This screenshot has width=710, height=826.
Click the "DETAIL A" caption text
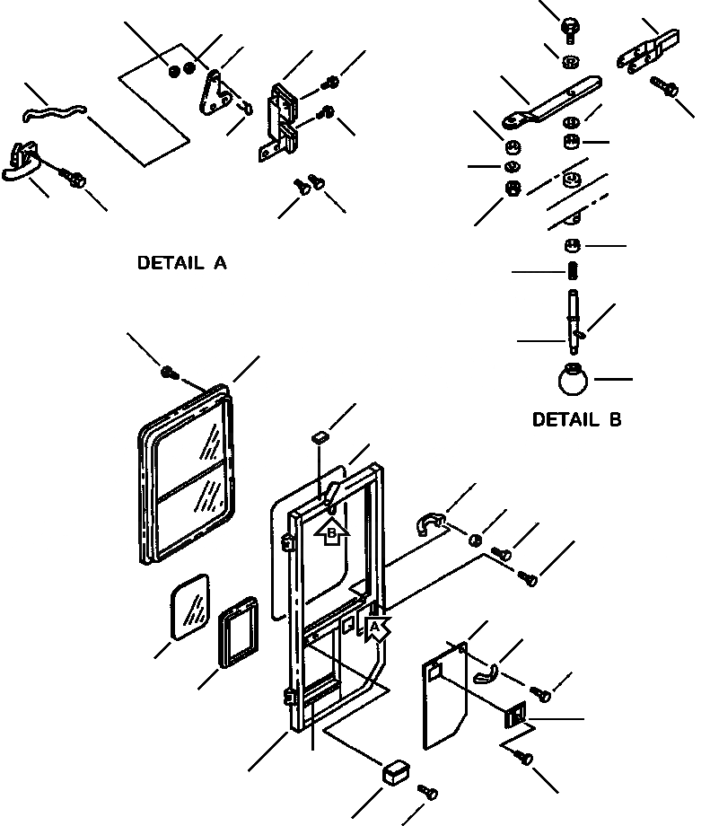[x=181, y=263]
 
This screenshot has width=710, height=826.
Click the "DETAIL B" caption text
[x=576, y=419]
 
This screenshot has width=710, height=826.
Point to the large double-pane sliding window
[x=185, y=474]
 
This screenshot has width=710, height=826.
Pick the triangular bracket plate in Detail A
[x=215, y=95]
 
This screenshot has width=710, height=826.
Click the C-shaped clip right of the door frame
[x=432, y=525]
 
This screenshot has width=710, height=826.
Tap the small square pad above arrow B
[x=316, y=437]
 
